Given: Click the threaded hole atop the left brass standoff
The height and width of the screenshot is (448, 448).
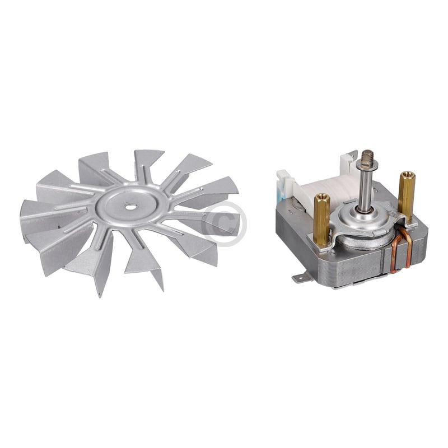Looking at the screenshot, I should (x=321, y=197).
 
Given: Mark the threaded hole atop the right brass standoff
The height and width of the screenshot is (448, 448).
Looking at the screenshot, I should (x=405, y=175).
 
